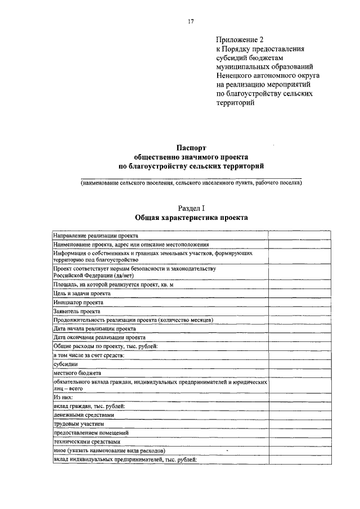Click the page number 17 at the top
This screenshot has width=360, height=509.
point(191,21)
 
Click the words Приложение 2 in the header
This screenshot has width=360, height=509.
point(240,40)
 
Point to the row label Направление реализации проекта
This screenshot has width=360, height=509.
point(96,236)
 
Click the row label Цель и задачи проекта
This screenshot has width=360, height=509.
point(82,293)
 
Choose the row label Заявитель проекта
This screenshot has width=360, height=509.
point(77,311)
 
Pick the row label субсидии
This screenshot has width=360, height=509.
point(65,364)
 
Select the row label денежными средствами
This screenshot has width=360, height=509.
point(84,415)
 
